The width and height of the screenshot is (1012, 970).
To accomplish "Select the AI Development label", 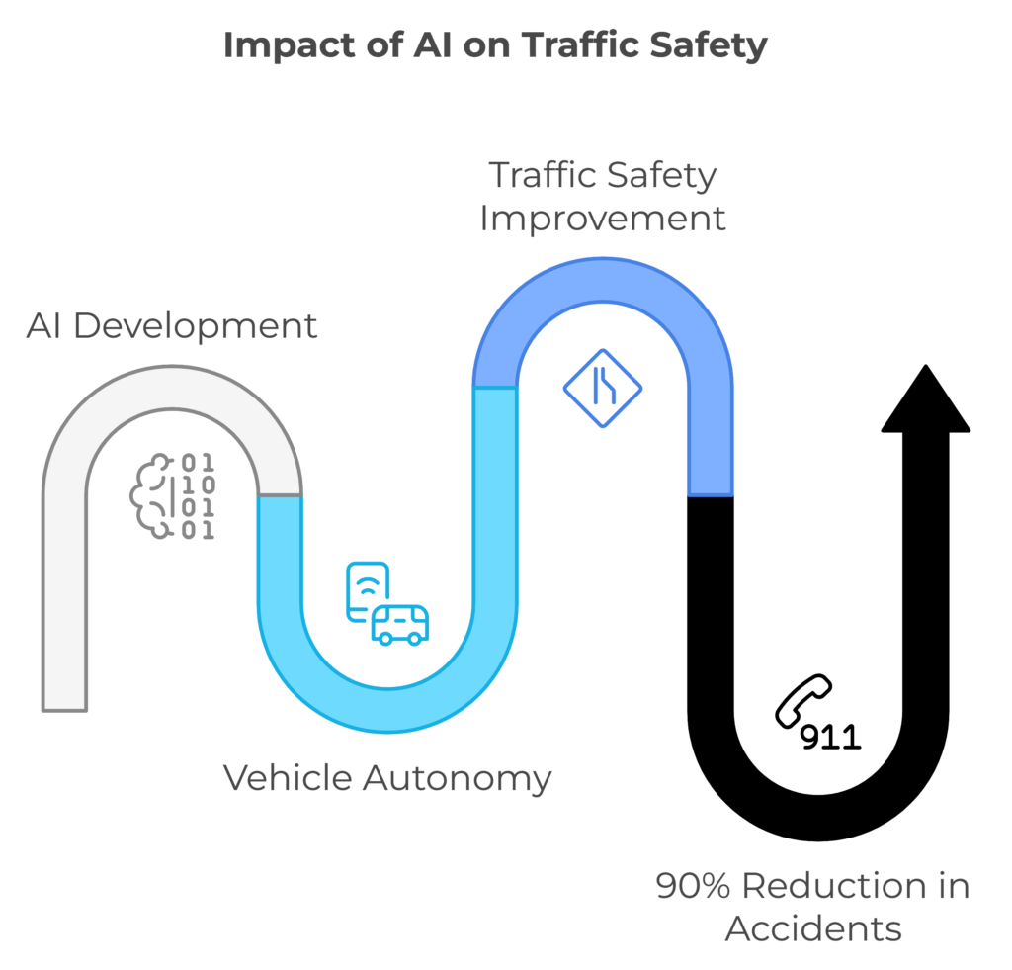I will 172,325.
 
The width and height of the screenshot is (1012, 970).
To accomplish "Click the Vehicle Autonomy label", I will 386,777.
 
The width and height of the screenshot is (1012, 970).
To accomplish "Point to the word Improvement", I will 603,218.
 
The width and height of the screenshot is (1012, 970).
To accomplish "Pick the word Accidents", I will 813,929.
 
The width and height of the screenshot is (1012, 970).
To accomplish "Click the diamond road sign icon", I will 603,388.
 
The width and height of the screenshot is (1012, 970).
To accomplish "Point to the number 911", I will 830,737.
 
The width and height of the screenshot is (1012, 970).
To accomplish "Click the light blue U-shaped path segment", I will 386,709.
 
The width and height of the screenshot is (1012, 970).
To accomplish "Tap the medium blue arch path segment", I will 603,283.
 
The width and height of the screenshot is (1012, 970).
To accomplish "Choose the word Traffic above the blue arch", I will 546,175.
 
